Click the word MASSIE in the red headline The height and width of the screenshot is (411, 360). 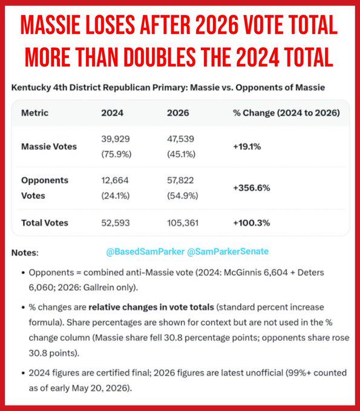click(50, 25)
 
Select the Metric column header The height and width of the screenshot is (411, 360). click(35, 113)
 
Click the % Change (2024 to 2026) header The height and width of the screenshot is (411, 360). click(287, 113)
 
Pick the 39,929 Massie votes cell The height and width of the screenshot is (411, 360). click(116, 139)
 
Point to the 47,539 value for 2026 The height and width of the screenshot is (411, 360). click(180, 139)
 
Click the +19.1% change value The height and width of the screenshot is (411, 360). click(247, 146)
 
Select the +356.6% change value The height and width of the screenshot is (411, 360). click(251, 188)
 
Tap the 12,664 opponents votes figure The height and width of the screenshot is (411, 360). click(115, 180)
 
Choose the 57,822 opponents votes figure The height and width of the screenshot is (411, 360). click(180, 180)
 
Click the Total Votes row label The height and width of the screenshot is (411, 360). click(45, 223)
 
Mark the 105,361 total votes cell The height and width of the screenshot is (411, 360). click(183, 223)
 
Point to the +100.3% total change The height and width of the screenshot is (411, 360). click(251, 223)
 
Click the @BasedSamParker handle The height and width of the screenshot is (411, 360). click(145, 251)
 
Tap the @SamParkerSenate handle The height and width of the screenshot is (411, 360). click(227, 251)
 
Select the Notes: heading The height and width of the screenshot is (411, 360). click(25, 253)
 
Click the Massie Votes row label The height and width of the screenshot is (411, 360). click(49, 146)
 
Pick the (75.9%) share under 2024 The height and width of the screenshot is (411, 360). click(116, 154)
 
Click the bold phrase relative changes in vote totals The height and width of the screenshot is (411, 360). click(151, 307)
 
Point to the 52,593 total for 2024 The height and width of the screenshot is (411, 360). click(116, 223)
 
